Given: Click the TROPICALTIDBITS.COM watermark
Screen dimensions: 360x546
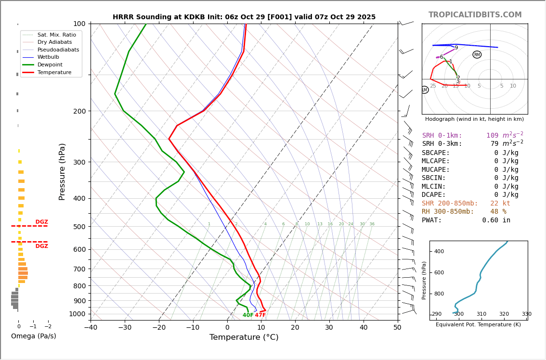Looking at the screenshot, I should pos(475,15).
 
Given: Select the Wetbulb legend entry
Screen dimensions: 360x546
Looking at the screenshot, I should pos(48,57).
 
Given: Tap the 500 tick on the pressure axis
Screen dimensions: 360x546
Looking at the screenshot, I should pos(79,227).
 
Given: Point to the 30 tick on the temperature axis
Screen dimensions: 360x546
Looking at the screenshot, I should pos(329,328).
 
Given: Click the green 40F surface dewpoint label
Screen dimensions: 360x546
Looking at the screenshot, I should pos(248,315).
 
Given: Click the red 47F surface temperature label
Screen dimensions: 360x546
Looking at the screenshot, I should pos(260,315).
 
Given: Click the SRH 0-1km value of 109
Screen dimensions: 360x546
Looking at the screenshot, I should pos(492,136).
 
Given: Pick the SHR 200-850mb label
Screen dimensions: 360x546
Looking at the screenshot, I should pos(450,204).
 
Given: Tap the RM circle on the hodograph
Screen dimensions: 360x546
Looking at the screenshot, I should pos(477,55).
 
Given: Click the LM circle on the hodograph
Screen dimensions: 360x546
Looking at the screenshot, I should pos(424,90).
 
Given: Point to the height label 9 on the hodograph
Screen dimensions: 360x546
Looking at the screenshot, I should pos(456,48).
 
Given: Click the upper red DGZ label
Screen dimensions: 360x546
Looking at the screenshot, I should pos(41,222).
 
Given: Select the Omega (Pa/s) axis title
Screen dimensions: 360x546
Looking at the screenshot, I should pos(34,336).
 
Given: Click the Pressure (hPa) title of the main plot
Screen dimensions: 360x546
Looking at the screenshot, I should pos(62,171).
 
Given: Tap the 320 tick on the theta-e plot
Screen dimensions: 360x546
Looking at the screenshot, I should pos(504,314).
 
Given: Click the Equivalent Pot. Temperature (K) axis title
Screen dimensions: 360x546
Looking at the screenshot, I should pos(478,325).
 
